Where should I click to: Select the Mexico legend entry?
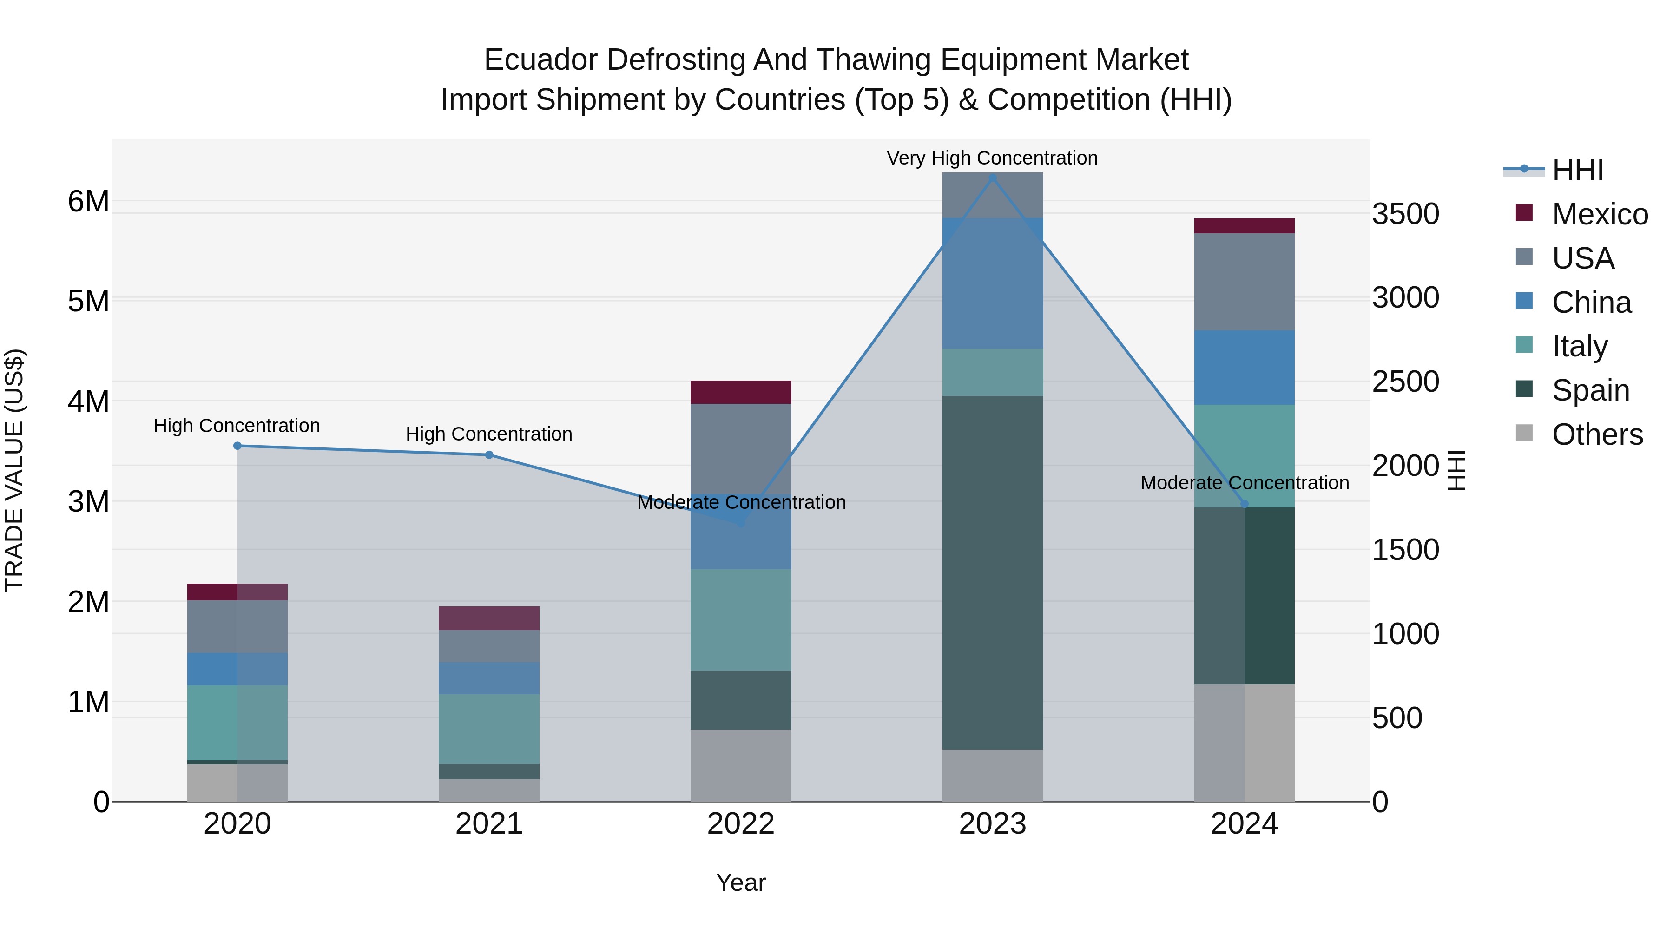(1599, 214)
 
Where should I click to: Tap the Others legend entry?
(1596, 434)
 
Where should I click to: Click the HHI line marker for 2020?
(237, 446)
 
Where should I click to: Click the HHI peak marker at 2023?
(992, 178)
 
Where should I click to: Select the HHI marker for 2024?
(1245, 504)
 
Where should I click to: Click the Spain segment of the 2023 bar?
(992, 572)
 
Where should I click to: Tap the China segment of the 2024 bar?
(1245, 368)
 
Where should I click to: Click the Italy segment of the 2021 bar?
(489, 729)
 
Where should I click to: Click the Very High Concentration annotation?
(992, 158)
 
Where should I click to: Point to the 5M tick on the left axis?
(88, 301)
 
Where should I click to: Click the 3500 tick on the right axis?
(1405, 214)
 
